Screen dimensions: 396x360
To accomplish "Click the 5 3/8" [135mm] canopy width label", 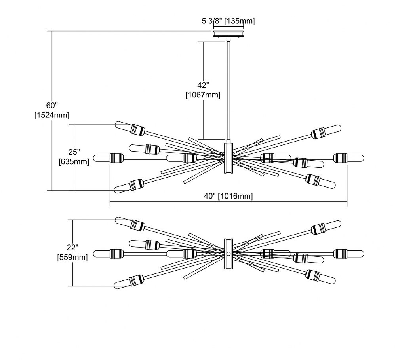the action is click(228, 21).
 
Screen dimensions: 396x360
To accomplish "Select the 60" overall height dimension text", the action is click(52, 105).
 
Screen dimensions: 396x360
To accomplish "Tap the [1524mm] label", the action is click(52, 115).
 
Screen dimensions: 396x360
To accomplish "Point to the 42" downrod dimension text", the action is click(203, 85).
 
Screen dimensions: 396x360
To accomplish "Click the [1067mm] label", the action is click(203, 95).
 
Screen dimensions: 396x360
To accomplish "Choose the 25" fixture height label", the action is click(74, 152).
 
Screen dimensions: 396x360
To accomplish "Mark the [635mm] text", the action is click(74, 162).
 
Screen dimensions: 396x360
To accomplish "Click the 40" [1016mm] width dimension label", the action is click(228, 196).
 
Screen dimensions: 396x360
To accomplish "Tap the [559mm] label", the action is click(73, 258).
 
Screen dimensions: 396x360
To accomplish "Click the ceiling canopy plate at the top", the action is click(228, 34).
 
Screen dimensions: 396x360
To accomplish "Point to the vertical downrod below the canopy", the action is click(228, 91).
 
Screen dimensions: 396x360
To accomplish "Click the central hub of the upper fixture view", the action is click(228, 158).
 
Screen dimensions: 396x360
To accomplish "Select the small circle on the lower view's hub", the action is click(228, 253).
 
